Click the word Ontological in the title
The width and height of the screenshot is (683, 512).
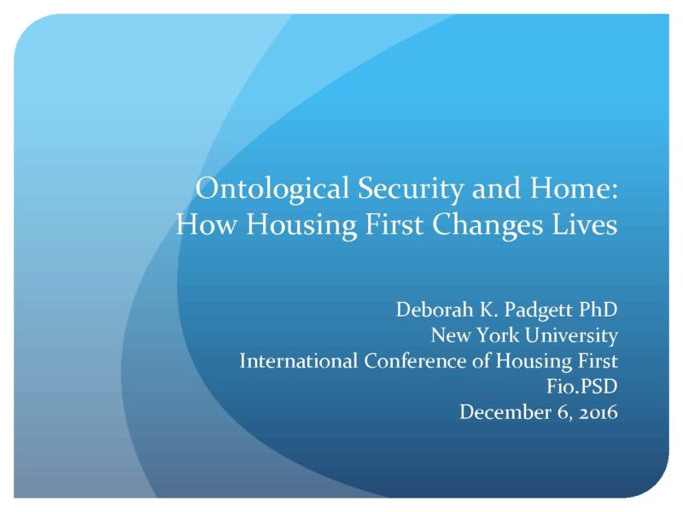pyautogui.click(x=272, y=189)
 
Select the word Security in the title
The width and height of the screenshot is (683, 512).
pyautogui.click(x=410, y=189)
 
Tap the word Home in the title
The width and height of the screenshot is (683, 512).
pyautogui.click(x=573, y=188)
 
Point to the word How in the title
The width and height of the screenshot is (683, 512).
pyautogui.click(x=207, y=224)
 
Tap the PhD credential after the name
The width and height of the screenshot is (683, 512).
pyautogui.click(x=598, y=310)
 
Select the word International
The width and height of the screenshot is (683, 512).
pyautogui.click(x=299, y=361)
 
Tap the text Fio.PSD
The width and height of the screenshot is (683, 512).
pyautogui.click(x=582, y=387)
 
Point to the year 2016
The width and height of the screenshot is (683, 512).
pyautogui.click(x=598, y=413)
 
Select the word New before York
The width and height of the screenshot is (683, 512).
pyautogui.click(x=451, y=335)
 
